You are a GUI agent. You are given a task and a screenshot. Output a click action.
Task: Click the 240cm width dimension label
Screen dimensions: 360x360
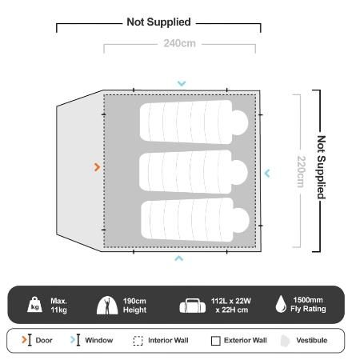(179, 43)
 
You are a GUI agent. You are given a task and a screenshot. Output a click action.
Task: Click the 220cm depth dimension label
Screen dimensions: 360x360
(301, 171)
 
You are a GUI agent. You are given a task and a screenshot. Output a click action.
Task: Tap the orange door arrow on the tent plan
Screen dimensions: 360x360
(97, 167)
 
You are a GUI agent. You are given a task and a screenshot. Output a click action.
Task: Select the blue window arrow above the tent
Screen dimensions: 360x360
(182, 83)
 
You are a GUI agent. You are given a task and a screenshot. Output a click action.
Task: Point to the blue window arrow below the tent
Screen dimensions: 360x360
(179, 258)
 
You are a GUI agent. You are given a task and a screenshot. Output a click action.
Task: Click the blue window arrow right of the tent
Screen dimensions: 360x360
(267, 174)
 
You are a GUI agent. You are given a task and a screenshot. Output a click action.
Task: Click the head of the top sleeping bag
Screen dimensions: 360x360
(239, 122)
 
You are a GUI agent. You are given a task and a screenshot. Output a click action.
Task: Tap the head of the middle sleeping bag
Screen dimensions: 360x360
(239, 172)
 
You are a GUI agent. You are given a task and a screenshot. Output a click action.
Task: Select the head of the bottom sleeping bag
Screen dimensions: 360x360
(241, 220)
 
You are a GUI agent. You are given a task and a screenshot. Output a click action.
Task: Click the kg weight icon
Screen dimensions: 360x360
(34, 304)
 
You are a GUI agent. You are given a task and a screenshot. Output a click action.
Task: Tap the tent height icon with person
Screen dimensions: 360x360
(107, 305)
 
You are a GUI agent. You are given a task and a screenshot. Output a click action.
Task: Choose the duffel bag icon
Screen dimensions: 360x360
(193, 306)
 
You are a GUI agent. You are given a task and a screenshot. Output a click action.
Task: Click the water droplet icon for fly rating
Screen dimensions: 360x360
(281, 304)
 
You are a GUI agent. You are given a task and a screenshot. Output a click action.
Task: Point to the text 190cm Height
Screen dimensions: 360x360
(134, 306)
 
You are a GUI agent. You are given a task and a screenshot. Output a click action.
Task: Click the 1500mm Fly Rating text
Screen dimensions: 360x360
(308, 304)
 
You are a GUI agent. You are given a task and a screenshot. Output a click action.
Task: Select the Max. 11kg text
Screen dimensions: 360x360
(58, 306)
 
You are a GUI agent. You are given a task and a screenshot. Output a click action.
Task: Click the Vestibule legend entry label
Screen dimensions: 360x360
(312, 340)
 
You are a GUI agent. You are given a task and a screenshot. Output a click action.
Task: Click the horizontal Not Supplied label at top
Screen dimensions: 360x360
(158, 22)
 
